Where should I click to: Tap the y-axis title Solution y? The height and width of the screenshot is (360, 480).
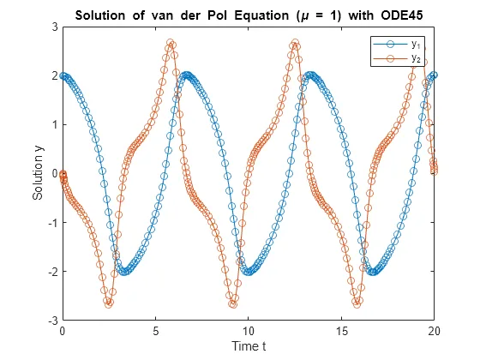(39, 173)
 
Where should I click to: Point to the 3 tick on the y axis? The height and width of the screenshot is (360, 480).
(54, 27)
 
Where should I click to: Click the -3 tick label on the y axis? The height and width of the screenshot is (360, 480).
(52, 320)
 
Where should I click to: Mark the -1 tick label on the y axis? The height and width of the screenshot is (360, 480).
(52, 222)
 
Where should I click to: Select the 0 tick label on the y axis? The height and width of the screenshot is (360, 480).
(54, 173)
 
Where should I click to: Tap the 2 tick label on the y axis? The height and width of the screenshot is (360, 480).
(54, 75)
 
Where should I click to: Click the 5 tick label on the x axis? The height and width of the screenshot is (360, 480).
(155, 330)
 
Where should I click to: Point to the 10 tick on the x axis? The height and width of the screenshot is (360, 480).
(249, 330)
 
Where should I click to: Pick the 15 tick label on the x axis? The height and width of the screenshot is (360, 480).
(341, 330)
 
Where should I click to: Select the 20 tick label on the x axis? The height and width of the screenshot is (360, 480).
(434, 330)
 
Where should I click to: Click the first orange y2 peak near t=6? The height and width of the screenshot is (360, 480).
(171, 42)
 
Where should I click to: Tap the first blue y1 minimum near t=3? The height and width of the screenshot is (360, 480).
(124, 272)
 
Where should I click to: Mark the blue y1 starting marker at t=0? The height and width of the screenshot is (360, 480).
(63, 75)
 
